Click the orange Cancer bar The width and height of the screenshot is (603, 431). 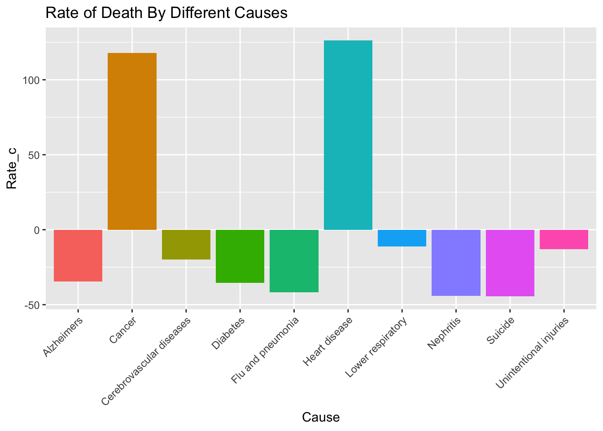[x=132, y=141]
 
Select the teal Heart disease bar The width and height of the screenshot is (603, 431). [x=348, y=135]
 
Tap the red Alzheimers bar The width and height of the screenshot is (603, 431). [x=78, y=255]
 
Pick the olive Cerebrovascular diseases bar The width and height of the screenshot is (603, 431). [x=186, y=244]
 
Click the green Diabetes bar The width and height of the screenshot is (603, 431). [x=240, y=256]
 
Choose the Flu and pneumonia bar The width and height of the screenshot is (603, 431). [x=294, y=260]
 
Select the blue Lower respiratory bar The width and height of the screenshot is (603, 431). [x=402, y=238]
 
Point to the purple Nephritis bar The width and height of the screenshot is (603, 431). [x=456, y=262]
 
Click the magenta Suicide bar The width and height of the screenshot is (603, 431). [x=510, y=263]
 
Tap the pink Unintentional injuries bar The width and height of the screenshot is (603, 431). [x=564, y=239]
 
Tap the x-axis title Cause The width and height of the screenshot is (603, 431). [x=321, y=418]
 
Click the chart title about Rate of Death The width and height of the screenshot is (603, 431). [x=166, y=13]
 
